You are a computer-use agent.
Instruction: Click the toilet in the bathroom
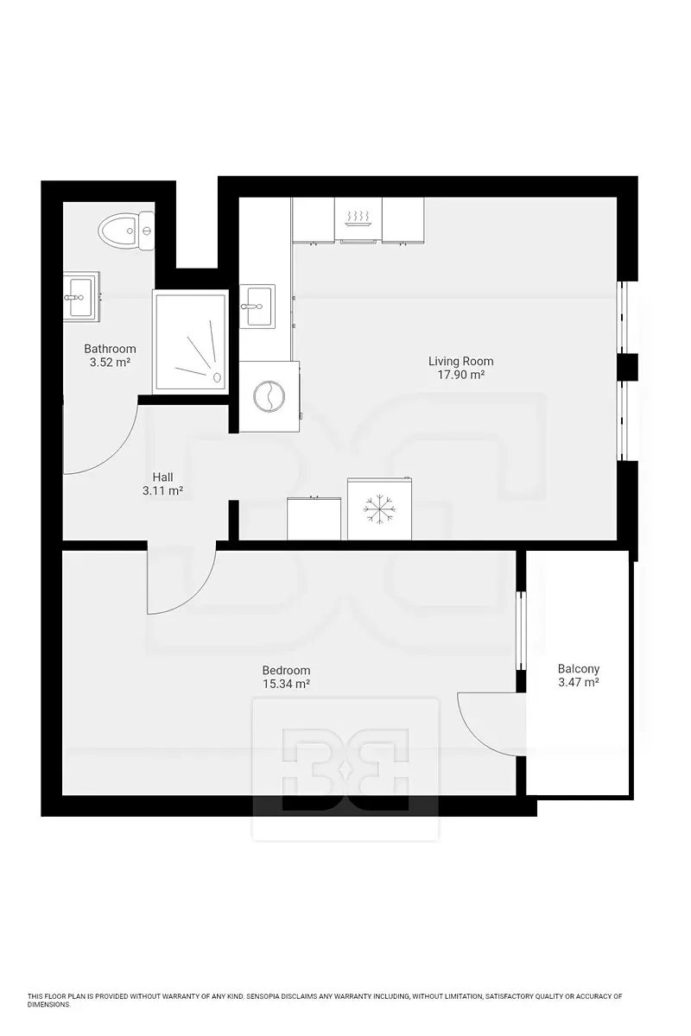126,231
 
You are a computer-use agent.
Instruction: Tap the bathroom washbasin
81,296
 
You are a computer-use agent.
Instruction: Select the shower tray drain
217,377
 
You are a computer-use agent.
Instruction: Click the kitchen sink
257,306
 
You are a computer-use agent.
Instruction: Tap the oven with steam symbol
358,220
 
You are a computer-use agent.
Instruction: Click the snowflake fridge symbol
379,510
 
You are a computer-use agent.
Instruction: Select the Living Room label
460,361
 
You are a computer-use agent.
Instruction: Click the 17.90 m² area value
461,375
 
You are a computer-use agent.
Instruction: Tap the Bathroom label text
111,348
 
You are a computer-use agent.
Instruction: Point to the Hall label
163,477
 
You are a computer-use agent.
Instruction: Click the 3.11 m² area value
162,490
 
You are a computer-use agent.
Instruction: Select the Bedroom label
286,670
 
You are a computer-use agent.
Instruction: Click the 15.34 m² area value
286,684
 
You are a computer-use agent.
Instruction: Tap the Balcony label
579,668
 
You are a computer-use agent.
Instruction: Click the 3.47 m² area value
579,682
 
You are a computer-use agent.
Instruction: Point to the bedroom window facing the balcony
521,630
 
